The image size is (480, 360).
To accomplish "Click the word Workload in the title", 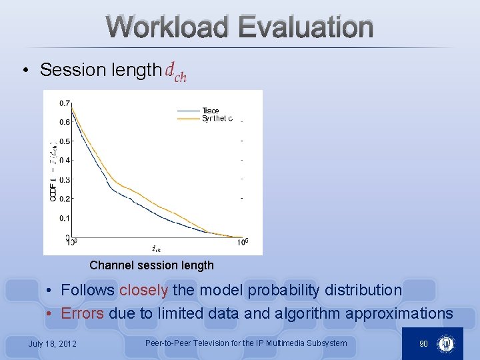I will pyautogui.click(x=167, y=27).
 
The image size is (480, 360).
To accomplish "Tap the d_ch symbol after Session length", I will pyautogui.click(x=176, y=71).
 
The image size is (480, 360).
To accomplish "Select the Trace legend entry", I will pyautogui.click(x=210, y=111).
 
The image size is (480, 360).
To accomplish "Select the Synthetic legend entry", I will pyautogui.click(x=217, y=119).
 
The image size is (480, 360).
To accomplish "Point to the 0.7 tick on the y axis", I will pyautogui.click(x=65, y=103).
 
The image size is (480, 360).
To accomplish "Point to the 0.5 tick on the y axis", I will pyautogui.click(x=65, y=141).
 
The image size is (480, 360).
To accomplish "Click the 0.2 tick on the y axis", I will pyautogui.click(x=65, y=199).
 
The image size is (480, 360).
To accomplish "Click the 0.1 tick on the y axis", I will pyautogui.click(x=65, y=218).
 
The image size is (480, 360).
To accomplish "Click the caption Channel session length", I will pyautogui.click(x=151, y=265).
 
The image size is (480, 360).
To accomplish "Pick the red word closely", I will pyautogui.click(x=144, y=290).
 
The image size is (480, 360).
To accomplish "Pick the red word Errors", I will pyautogui.click(x=82, y=313).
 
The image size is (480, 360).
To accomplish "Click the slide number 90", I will pyautogui.click(x=423, y=343).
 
